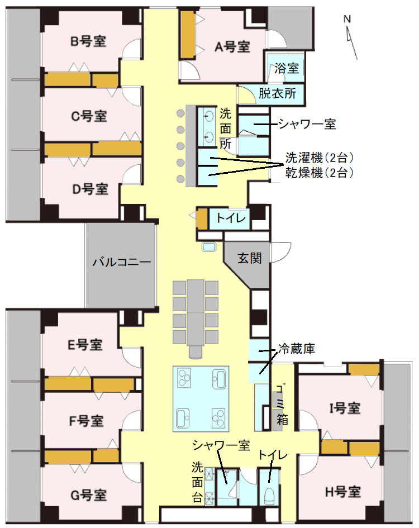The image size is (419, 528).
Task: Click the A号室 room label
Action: coord(232,47)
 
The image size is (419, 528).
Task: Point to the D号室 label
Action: coord(89,189)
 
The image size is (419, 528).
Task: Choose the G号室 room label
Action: coord(89,494)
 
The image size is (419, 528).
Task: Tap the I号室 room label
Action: coord(344,408)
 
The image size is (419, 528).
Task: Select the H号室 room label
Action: coord(342,492)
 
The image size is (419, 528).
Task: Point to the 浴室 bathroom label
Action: coord(287,69)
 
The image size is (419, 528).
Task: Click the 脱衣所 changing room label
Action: coord(277,93)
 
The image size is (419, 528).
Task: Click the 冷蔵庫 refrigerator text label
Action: coord(297,350)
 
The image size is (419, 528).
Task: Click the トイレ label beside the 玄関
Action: coord(231,219)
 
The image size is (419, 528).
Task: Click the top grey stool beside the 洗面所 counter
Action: coord(180,113)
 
